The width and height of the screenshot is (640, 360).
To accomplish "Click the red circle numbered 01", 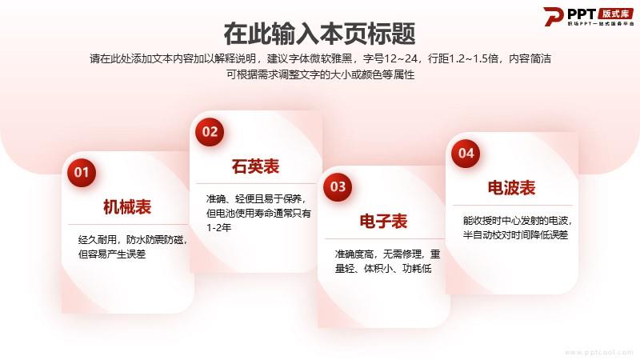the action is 82,173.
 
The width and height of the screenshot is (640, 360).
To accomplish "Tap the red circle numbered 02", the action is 210,132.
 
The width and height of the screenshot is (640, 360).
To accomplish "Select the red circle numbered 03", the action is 338,187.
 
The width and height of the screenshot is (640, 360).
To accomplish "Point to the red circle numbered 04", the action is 466,154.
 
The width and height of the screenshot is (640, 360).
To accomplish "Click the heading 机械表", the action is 127,207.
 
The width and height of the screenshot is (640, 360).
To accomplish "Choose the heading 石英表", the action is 255,166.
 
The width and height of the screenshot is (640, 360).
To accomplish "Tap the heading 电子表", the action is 383,222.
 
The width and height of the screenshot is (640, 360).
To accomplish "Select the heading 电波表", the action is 511,188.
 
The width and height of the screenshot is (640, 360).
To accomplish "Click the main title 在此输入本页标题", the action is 319,34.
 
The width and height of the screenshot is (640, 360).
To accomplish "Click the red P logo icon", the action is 554,16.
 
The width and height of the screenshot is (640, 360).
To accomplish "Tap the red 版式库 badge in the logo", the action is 616,14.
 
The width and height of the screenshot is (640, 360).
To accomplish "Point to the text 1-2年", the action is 218,227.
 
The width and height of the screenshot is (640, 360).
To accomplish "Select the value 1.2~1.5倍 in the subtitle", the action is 474,58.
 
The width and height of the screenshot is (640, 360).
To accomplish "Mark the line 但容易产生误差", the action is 112,254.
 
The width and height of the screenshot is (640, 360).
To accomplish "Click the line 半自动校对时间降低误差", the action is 515,234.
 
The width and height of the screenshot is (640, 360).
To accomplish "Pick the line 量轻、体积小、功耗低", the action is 383,268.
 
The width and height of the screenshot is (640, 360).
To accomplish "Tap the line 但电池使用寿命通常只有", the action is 258,213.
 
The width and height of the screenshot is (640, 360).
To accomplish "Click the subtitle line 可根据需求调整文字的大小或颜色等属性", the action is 321,74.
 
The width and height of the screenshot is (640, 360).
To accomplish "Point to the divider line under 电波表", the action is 513,206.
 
